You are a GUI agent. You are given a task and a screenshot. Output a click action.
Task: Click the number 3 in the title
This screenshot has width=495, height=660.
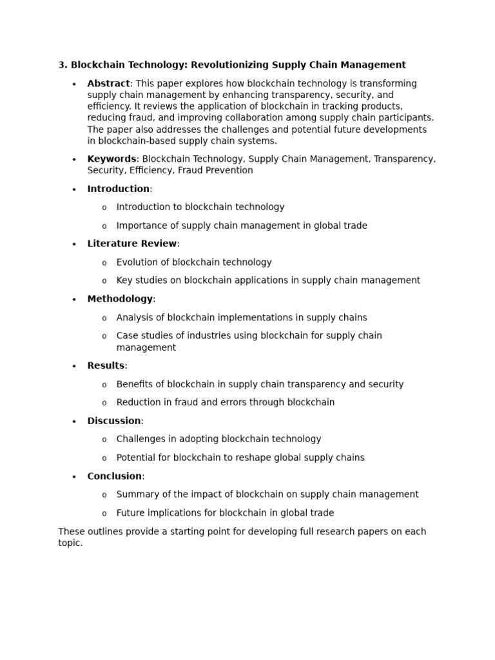[x=61, y=65]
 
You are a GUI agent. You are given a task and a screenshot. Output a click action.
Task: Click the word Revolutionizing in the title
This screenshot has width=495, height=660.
[x=229, y=65]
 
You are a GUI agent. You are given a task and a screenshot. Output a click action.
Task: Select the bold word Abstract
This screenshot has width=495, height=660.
[x=108, y=84]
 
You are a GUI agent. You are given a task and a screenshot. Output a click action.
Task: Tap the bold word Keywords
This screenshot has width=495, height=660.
[x=112, y=159]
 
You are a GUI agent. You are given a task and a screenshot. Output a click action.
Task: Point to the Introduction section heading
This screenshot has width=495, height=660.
[x=119, y=189]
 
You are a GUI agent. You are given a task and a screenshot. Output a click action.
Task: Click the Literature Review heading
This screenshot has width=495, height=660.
[x=132, y=244]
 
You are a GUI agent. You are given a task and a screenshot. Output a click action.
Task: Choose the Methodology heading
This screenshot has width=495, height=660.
[x=120, y=299]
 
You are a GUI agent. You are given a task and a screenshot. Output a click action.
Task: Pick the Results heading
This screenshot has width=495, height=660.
[x=106, y=365]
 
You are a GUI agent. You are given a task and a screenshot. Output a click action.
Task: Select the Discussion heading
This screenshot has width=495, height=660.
[x=114, y=421]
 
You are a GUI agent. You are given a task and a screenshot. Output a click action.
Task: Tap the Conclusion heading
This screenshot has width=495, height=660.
[x=115, y=476]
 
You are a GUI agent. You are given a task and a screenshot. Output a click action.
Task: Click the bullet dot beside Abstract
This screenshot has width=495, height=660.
[x=74, y=84]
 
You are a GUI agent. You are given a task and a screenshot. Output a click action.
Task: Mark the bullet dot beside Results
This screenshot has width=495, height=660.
[x=74, y=366]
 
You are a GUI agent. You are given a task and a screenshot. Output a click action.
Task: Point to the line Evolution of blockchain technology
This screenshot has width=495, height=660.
[x=194, y=262]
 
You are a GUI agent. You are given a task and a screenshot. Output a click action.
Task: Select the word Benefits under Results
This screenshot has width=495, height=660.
[x=136, y=384]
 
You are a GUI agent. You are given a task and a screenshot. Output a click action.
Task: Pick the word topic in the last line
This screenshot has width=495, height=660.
[x=70, y=543]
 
